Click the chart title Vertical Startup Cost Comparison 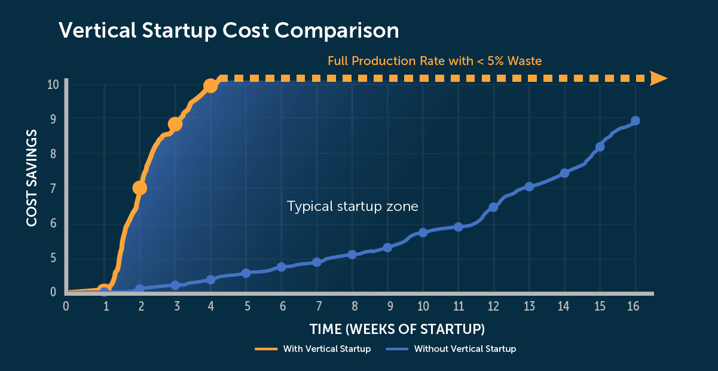(229, 30)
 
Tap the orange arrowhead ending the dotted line (658, 78)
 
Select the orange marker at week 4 (210, 85)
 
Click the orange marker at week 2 (140, 188)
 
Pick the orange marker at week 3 (175, 124)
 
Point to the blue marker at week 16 (635, 121)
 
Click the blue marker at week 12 (494, 207)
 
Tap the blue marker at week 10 (423, 232)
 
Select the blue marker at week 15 (600, 147)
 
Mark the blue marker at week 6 (282, 267)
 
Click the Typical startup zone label (353, 206)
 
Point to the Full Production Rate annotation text (435, 61)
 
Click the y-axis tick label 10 (53, 85)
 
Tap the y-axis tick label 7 (53, 188)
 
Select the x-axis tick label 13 (530, 306)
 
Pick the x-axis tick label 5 (248, 306)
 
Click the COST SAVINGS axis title (32, 178)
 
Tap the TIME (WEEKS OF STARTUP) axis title (397, 329)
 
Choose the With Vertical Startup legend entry (313, 349)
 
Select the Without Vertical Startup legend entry (451, 349)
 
